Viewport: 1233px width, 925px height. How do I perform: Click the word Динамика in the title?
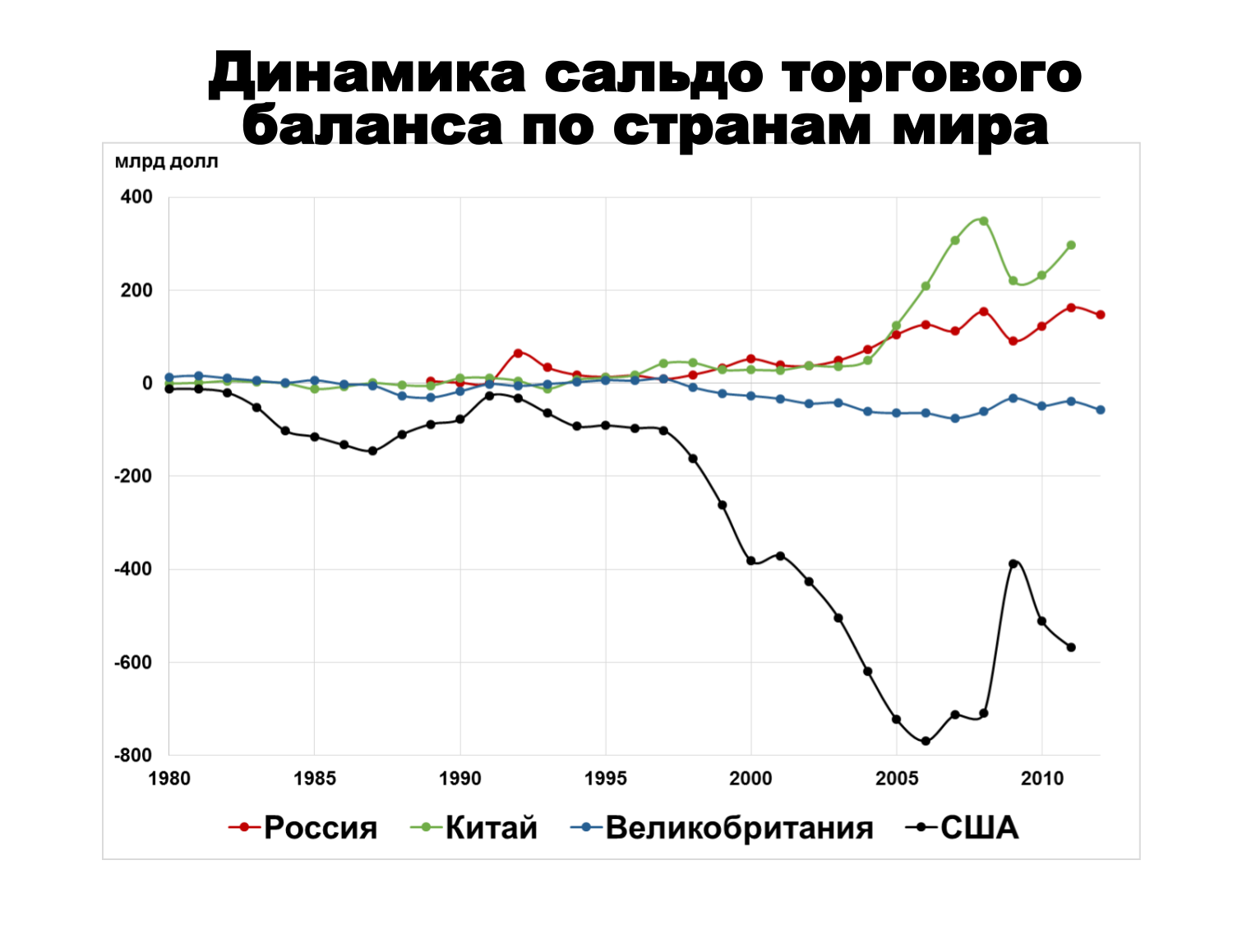[x=367, y=75]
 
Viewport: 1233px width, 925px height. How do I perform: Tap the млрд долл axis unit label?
[x=167, y=162]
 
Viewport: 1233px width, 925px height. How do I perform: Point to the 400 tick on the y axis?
[x=136, y=197]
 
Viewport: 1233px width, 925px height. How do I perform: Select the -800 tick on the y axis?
[x=133, y=755]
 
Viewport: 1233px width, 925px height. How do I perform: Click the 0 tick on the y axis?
[x=147, y=383]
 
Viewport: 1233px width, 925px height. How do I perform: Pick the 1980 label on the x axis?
[x=169, y=779]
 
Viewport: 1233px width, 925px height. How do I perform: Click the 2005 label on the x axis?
[x=897, y=779]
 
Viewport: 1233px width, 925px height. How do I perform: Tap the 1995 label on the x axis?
[x=606, y=779]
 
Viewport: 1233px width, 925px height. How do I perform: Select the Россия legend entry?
[x=303, y=827]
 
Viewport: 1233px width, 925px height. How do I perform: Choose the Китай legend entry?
[x=475, y=827]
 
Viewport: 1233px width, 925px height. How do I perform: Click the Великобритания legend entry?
[x=723, y=827]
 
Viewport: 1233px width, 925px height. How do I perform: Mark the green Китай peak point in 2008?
[x=984, y=221]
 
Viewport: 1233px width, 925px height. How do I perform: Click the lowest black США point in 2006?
[x=926, y=741]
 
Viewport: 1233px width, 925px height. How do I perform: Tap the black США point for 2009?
[x=1013, y=564]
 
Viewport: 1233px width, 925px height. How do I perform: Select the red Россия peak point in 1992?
[x=518, y=353]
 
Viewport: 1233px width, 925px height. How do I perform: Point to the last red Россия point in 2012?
[x=1101, y=315]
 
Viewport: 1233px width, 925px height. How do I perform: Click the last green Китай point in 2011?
[x=1071, y=245]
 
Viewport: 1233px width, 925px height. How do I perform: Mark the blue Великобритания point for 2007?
[x=955, y=419]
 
